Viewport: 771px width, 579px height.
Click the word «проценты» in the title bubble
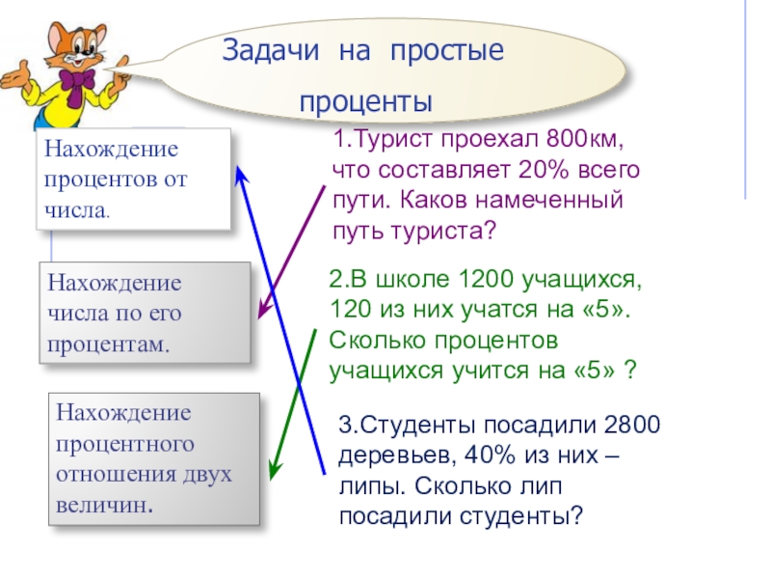click(366, 102)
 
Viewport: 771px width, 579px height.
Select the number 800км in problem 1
click(582, 141)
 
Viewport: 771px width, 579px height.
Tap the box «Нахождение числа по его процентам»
click(145, 314)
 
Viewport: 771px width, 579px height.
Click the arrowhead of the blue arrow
click(241, 171)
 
